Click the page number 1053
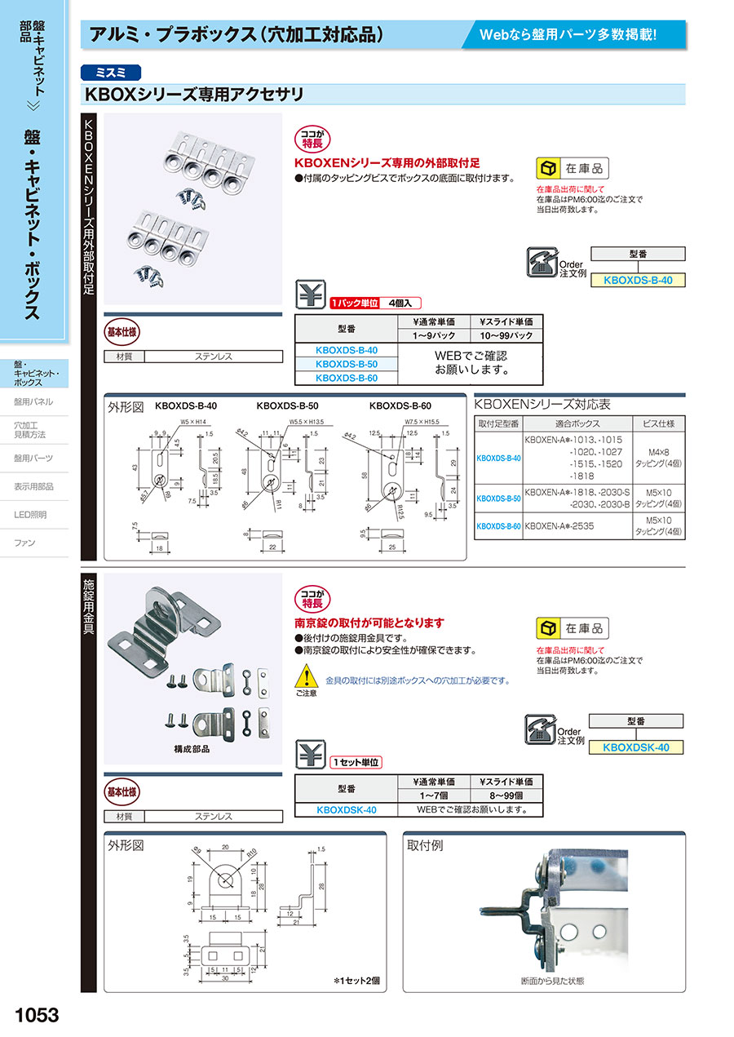38,1014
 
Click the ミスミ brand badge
111,72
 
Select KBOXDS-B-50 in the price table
346,364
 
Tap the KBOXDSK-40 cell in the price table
346,810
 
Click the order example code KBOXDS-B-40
637,280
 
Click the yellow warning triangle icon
305,676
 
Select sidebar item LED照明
30,515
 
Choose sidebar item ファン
25,543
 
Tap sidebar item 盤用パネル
33,401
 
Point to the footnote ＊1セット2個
357,980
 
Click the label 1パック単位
355,303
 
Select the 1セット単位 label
356,762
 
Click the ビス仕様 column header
659,423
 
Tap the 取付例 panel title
425,845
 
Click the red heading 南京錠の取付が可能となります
369,623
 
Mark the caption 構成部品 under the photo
192,748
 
